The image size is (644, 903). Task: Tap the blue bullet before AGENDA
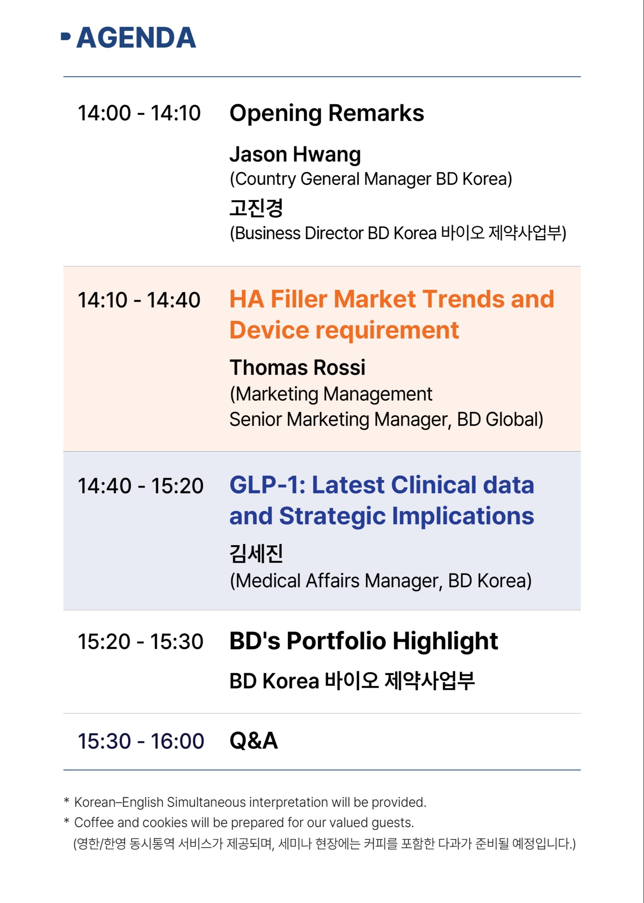66,36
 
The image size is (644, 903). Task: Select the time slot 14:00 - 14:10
139,113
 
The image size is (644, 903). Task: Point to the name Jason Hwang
295,155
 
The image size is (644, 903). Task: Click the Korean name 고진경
256,208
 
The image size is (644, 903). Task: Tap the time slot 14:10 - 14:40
139,300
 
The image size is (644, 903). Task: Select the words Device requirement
344,331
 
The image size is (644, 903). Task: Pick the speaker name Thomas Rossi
297,368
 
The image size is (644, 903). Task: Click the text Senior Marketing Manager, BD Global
386,419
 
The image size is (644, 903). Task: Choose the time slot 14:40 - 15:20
141,486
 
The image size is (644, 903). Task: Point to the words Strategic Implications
406,516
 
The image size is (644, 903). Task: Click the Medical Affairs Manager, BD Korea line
381,581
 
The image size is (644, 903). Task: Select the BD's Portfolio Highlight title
364,641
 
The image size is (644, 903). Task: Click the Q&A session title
254,741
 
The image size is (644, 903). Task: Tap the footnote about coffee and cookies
239,822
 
